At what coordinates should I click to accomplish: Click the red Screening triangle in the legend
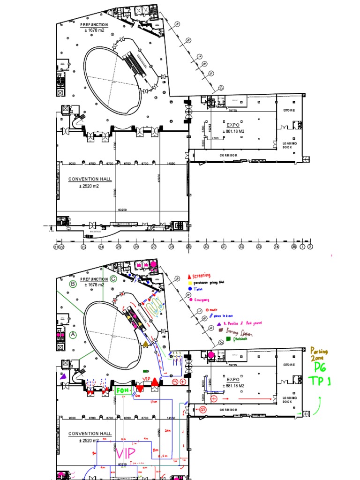tap(189, 276)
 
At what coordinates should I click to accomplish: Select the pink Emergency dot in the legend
tap(191, 300)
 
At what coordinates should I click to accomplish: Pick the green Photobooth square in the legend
tap(228, 338)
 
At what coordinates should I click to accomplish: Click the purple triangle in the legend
tap(218, 323)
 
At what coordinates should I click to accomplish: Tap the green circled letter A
tap(73, 335)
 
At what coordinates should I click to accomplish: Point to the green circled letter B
tap(73, 284)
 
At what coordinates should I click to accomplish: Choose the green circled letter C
tap(113, 279)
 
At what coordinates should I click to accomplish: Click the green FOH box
tap(121, 390)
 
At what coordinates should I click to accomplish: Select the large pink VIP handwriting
tap(126, 453)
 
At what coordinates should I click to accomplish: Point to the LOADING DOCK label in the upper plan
tap(287, 145)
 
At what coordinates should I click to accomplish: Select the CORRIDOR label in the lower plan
tap(228, 410)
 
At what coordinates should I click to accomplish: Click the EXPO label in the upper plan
tap(233, 126)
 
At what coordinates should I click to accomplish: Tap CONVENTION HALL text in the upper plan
tap(90, 179)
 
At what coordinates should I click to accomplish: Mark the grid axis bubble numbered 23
tap(83, 247)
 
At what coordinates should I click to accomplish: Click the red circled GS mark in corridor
tap(202, 409)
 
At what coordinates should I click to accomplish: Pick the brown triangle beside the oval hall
tap(146, 345)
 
